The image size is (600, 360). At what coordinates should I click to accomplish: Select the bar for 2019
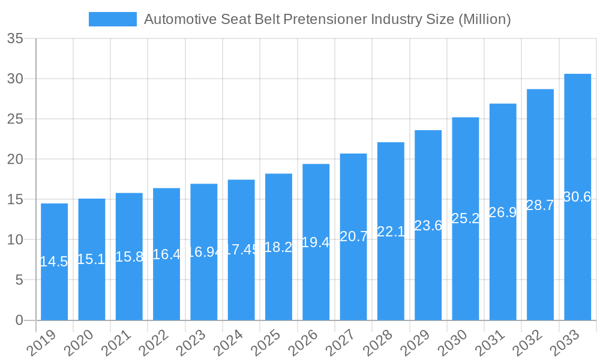click(x=54, y=262)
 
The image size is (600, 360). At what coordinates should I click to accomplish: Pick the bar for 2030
click(x=465, y=218)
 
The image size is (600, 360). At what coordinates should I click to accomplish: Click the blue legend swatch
click(x=112, y=19)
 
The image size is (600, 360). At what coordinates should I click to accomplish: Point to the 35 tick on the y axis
click(x=15, y=39)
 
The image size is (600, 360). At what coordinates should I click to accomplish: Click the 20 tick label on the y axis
click(x=15, y=160)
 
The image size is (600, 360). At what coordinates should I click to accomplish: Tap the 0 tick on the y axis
click(x=19, y=320)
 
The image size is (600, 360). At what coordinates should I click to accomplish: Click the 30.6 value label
click(x=577, y=197)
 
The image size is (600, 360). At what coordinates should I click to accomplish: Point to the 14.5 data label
click(x=54, y=262)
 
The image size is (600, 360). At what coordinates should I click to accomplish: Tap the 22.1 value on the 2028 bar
click(x=391, y=232)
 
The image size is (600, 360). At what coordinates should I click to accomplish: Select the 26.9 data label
click(x=503, y=212)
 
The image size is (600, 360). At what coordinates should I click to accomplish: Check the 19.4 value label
click(x=316, y=242)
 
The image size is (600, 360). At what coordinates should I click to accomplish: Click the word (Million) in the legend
click(x=484, y=19)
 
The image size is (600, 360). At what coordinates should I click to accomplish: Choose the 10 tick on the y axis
click(x=15, y=240)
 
